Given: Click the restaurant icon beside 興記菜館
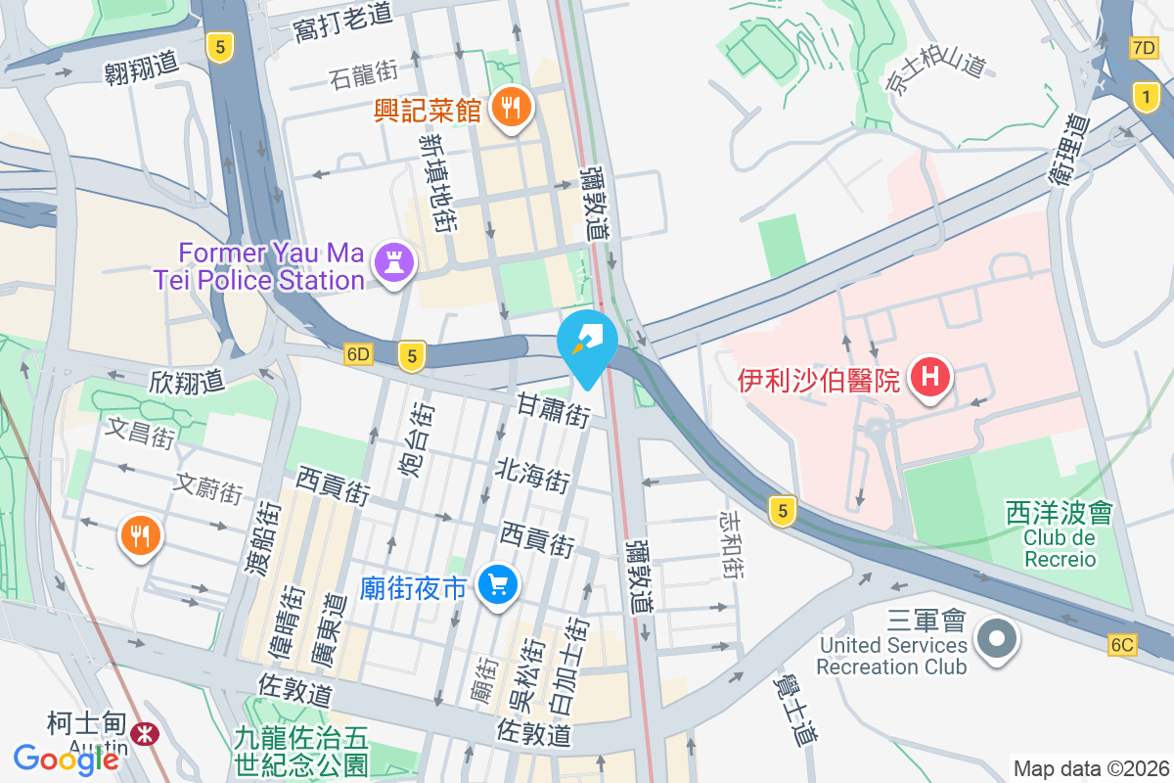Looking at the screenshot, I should (x=510, y=107).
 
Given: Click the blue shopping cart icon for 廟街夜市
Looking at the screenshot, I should (x=498, y=586).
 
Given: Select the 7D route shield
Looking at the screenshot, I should (x=1143, y=48).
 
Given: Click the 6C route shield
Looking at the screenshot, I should (x=1123, y=644).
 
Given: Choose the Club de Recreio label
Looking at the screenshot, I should (x=1060, y=549).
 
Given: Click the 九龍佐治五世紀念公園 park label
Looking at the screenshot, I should (x=301, y=749).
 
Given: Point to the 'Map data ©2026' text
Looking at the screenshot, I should (x=1091, y=768).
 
